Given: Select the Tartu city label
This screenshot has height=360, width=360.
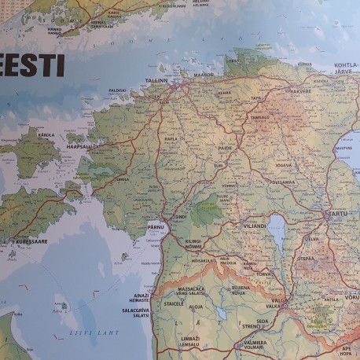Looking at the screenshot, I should coord(336,213).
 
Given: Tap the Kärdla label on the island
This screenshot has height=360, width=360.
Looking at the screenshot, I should coord(46,134).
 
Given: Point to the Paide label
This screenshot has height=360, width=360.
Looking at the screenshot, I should coord(226,147).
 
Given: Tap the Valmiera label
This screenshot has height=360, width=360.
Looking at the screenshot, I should coord(253,343).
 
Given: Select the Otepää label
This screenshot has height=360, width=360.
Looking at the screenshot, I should coord(305,258).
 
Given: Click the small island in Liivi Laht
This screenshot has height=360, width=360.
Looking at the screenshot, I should coord(64,307).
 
